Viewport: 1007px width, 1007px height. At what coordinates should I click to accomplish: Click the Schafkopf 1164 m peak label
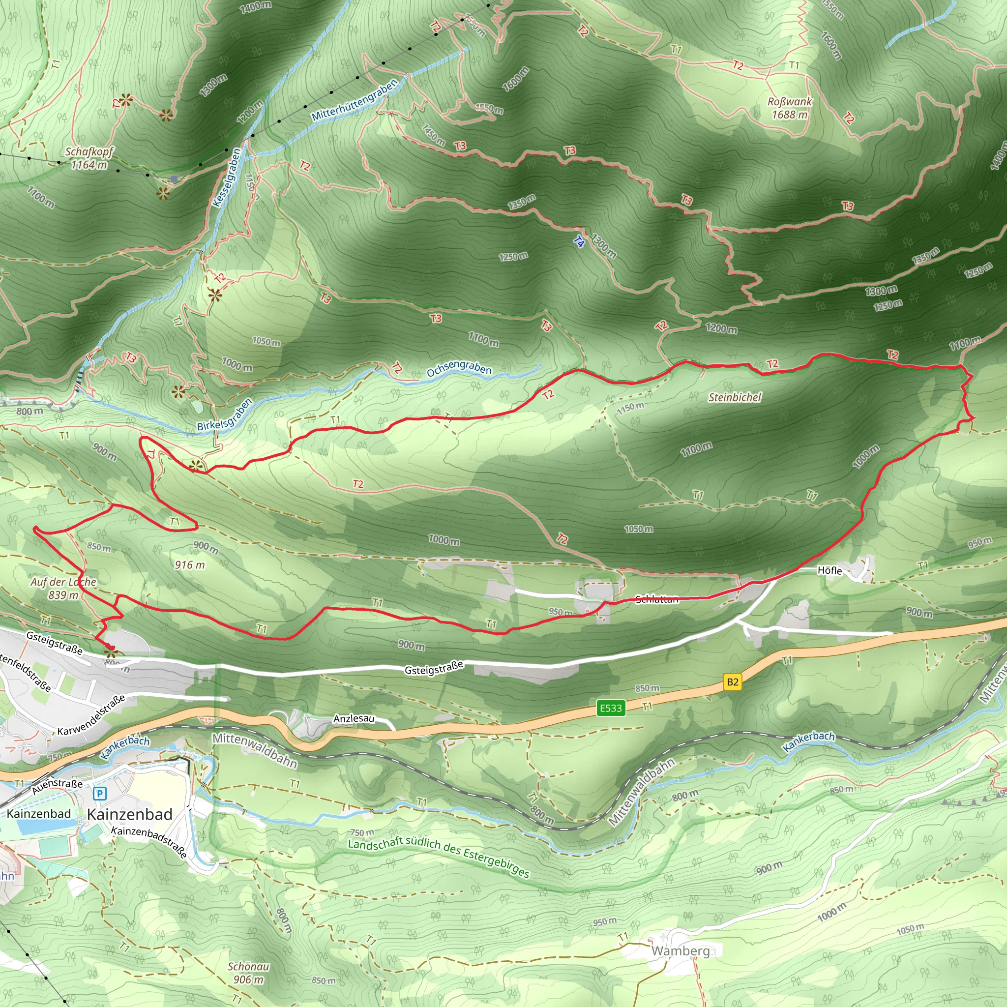89,158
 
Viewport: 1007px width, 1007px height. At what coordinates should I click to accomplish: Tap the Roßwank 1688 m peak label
790,108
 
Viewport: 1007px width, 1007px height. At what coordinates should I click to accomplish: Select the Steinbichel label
735,397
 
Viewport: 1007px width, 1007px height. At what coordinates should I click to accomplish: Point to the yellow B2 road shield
732,682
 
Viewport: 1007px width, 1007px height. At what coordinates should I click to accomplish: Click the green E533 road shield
611,708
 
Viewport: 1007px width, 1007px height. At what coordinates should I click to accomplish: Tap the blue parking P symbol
99,794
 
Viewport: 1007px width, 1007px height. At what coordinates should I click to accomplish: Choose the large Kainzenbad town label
130,814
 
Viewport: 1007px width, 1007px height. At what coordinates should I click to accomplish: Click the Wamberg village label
680,951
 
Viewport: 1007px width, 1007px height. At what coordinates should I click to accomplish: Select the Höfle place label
829,570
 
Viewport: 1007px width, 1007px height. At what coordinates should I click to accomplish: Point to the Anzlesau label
354,718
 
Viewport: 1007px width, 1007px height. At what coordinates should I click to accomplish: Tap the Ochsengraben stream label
459,368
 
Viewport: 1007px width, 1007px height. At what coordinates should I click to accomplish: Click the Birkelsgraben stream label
225,415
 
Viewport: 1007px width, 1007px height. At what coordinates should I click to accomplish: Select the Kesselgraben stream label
227,178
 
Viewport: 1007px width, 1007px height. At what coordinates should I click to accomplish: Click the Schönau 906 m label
249,973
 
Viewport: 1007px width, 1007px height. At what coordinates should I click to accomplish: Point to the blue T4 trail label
579,241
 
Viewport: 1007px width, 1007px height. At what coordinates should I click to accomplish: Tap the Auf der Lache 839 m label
63,589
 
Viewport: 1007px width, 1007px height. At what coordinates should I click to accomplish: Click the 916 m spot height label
190,564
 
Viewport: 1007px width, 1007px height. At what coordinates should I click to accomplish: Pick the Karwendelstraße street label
91,714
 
